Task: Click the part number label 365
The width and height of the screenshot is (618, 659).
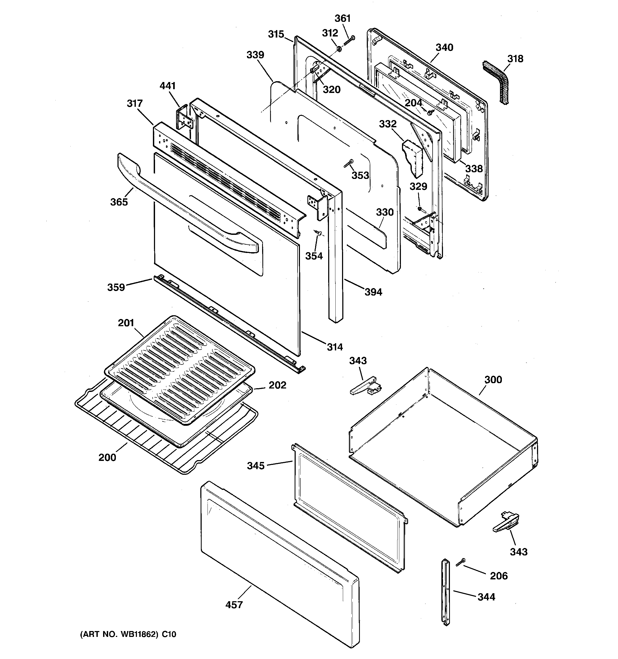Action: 119,202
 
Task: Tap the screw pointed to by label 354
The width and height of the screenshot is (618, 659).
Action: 319,233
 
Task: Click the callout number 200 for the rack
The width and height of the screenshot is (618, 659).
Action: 107,457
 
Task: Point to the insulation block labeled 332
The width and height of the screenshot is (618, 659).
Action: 413,157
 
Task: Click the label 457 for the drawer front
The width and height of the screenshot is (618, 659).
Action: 234,605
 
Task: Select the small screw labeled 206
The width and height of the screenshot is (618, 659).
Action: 460,562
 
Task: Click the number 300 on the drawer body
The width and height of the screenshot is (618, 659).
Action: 493,379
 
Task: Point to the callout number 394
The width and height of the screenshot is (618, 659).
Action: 373,292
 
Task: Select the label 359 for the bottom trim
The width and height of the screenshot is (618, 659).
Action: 116,287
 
